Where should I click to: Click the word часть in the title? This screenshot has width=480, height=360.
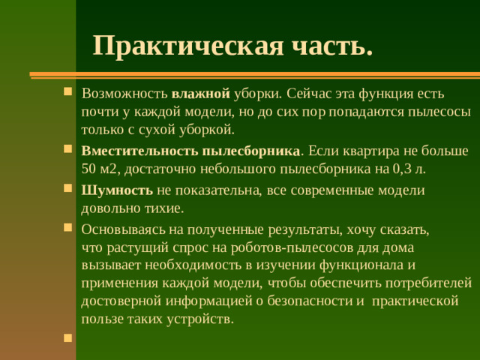[x=334, y=46]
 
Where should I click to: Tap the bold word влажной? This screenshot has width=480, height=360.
[x=200, y=94]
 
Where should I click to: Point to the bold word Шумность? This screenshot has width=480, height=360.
[x=117, y=190]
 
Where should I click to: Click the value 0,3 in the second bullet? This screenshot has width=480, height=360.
[x=403, y=169]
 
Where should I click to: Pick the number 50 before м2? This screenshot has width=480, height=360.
[x=89, y=169]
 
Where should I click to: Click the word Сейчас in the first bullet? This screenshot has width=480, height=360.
[x=307, y=94]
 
